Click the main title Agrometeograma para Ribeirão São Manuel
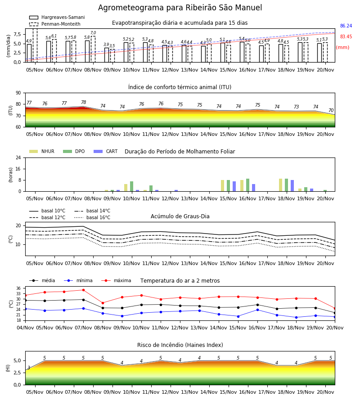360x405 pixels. tap(180, 8)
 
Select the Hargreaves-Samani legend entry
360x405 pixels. tap(57, 17)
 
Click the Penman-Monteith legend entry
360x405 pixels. tap(55, 24)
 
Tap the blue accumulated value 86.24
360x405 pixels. tap(346, 26)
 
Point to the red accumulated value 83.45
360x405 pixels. tap(346, 37)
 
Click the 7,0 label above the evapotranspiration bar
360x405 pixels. tap(93, 33)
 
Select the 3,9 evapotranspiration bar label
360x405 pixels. tap(106, 45)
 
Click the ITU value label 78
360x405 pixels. tap(83, 102)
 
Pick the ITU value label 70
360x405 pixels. tap(331, 110)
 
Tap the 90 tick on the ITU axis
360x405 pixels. tap(18, 93)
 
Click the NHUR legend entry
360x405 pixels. tap(42, 151)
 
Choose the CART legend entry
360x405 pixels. tap(106, 151)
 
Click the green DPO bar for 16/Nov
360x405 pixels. tap(247, 185)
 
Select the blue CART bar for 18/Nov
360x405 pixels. tap(292, 186)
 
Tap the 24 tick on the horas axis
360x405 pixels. tap(18, 157)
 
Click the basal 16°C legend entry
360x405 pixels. tap(92, 217)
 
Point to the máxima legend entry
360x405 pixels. tap(116, 280)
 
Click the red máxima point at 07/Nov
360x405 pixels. tap(83, 290)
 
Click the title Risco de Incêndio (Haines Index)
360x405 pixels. tap(180, 345)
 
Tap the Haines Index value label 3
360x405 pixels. tap(29, 368)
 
